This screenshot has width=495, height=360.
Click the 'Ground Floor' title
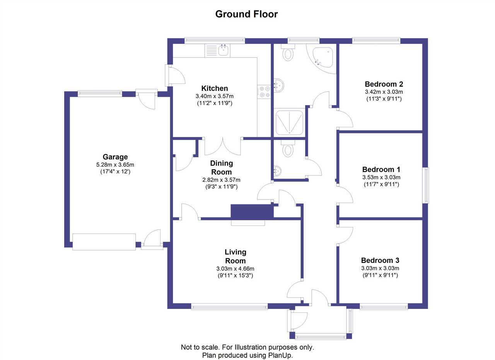point(246,15)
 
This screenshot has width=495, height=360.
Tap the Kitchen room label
point(214,89)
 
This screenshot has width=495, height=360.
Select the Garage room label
point(115,157)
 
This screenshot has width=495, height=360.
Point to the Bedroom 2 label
point(384,84)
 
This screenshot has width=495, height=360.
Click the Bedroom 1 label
point(381,169)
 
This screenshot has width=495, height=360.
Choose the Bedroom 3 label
point(380,260)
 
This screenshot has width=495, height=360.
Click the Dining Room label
point(221,167)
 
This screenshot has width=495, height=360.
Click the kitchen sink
point(223,50)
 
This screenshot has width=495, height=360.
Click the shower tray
point(289,122)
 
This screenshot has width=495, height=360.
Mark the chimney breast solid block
point(252,212)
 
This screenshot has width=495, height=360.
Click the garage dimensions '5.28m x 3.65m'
point(115,165)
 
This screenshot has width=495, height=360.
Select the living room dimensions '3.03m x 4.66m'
point(235,269)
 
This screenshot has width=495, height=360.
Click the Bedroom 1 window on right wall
point(425,185)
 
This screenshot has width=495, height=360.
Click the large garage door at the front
point(104,242)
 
